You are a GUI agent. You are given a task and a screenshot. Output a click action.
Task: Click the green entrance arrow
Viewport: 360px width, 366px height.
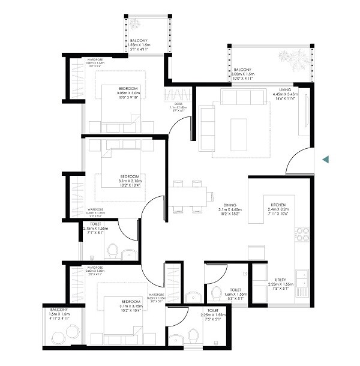pos(325,160)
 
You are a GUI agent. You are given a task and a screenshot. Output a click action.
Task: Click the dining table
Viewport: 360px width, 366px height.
pos(191,197)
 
